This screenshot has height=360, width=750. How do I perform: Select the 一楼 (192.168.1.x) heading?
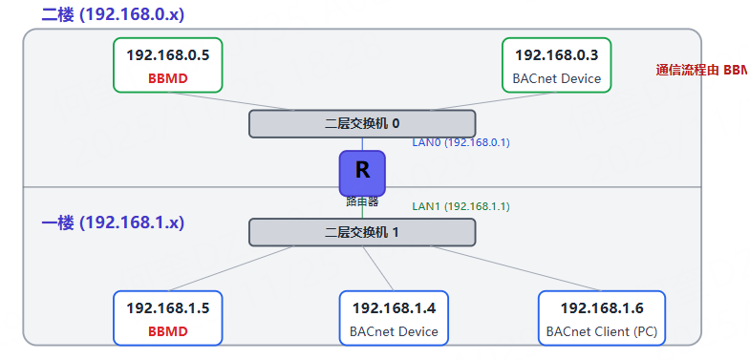pyautogui.click(x=113, y=222)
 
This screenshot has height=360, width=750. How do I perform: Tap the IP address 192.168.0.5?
pyautogui.click(x=168, y=54)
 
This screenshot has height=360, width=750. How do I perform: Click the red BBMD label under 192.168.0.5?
pyautogui.click(x=168, y=78)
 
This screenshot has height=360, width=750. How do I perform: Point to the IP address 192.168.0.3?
pyautogui.click(x=557, y=54)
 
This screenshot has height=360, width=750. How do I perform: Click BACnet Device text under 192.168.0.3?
pyautogui.click(x=557, y=78)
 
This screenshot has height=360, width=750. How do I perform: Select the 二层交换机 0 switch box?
pyautogui.click(x=362, y=123)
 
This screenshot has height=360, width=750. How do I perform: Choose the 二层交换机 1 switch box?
pyautogui.click(x=362, y=232)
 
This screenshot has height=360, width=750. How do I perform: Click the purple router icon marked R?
pyautogui.click(x=362, y=172)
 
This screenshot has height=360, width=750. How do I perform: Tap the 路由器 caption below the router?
pyautogui.click(x=362, y=201)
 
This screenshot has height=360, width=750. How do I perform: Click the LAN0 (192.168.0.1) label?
pyautogui.click(x=461, y=142)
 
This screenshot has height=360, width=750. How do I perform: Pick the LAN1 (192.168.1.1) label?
pyautogui.click(x=461, y=205)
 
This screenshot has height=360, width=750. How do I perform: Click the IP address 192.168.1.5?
pyautogui.click(x=168, y=307)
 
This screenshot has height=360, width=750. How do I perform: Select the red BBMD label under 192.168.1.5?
pyautogui.click(x=168, y=331)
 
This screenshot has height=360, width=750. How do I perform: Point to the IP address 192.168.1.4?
pyautogui.click(x=394, y=307)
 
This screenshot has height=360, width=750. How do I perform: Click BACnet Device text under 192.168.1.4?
pyautogui.click(x=394, y=331)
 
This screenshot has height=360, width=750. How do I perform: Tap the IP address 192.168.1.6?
pyautogui.click(x=602, y=307)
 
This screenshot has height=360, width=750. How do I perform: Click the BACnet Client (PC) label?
pyautogui.click(x=602, y=331)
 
